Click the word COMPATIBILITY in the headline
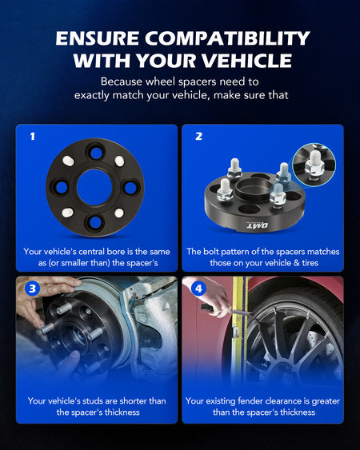(x=227, y=38)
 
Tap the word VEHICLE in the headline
(x=246, y=60)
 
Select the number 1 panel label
(x=33, y=136)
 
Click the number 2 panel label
(x=199, y=136)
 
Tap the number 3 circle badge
(x=33, y=288)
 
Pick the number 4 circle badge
(x=199, y=288)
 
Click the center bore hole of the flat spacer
(x=94, y=187)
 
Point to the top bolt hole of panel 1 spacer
(x=96, y=153)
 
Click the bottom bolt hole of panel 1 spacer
(x=95, y=222)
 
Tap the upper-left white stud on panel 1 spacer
(x=68, y=161)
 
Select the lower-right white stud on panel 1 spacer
(x=119, y=213)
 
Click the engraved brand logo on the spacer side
(x=258, y=225)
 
